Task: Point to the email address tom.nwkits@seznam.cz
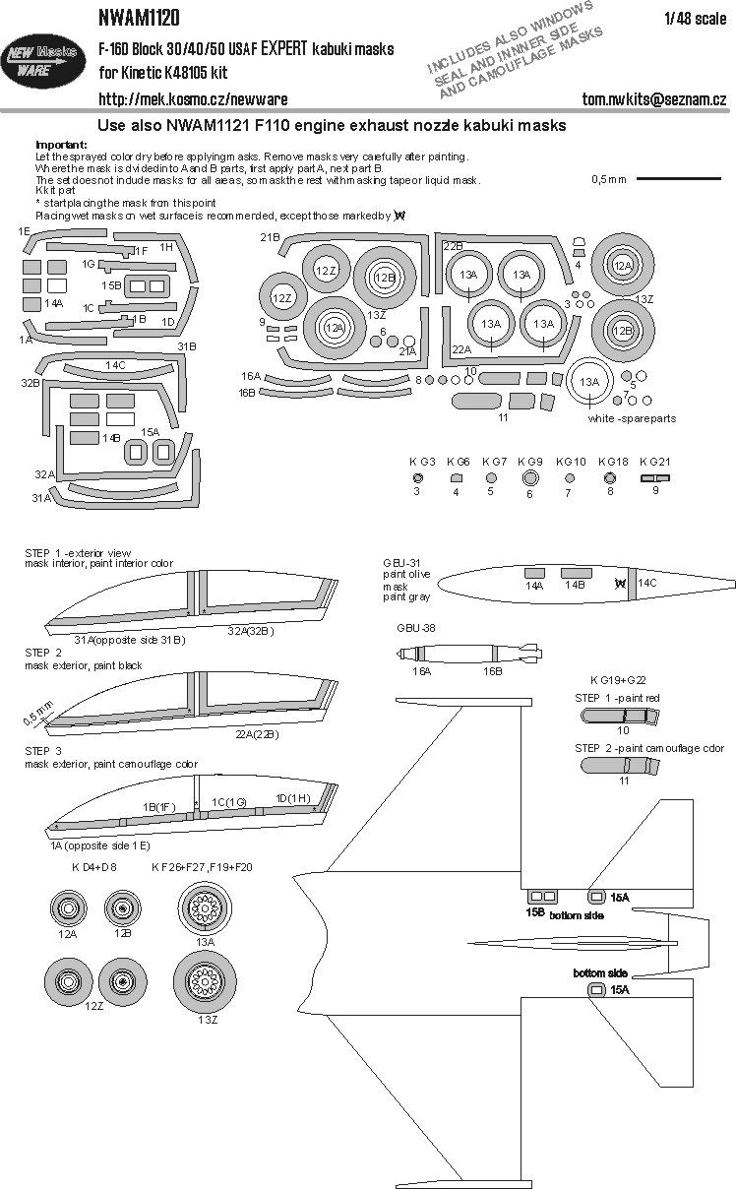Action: [x=654, y=99]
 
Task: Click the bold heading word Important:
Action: [x=60, y=145]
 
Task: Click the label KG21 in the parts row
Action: [x=654, y=461]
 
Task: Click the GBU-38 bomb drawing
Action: [x=467, y=653]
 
